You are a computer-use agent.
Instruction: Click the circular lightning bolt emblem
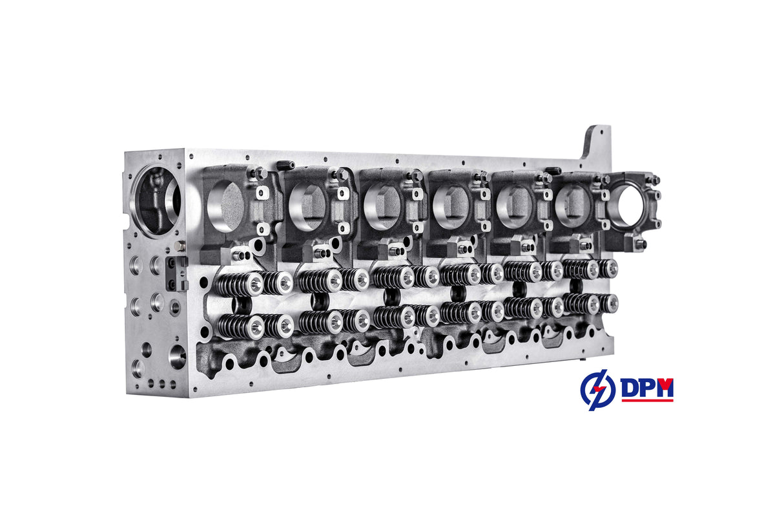point(597,390)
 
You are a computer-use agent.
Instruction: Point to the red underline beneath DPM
point(647,400)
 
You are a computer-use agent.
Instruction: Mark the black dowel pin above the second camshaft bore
point(285,165)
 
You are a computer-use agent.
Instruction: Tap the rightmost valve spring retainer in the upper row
point(610,267)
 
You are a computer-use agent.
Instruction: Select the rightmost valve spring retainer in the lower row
point(610,302)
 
